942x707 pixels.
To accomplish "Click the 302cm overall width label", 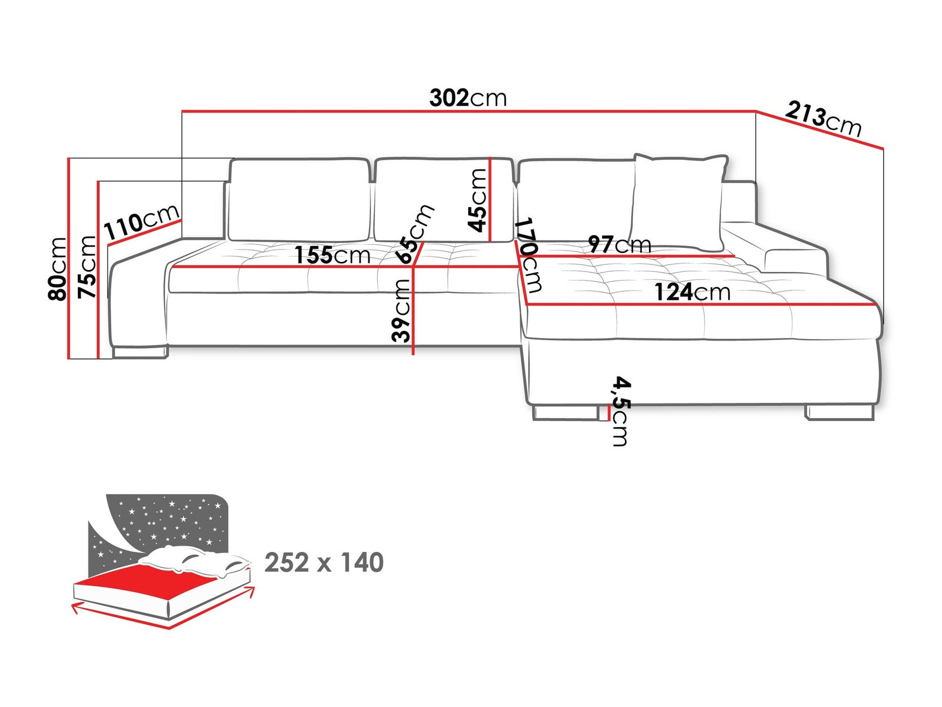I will tap(468, 98).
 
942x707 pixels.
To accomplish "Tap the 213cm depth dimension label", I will tap(823, 119).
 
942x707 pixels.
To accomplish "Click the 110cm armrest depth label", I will tap(141, 221).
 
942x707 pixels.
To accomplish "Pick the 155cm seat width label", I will tap(332, 255).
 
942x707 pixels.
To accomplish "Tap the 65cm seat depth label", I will tap(415, 234).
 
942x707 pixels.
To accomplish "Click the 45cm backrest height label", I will tap(478, 200).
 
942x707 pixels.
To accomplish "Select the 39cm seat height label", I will tap(402, 310).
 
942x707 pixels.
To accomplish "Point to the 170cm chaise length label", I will tap(528, 255).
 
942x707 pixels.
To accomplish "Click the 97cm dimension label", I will tap(619, 244).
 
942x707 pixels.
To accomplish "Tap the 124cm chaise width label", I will tap(692, 292).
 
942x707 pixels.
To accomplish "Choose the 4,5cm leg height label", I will tap(621, 411).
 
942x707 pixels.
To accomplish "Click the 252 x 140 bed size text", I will tap(324, 563).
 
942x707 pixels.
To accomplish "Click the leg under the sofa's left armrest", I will tap(140, 352).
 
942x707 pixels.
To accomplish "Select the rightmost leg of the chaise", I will tap(839, 412).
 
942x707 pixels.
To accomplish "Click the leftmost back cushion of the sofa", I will tap(299, 199).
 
